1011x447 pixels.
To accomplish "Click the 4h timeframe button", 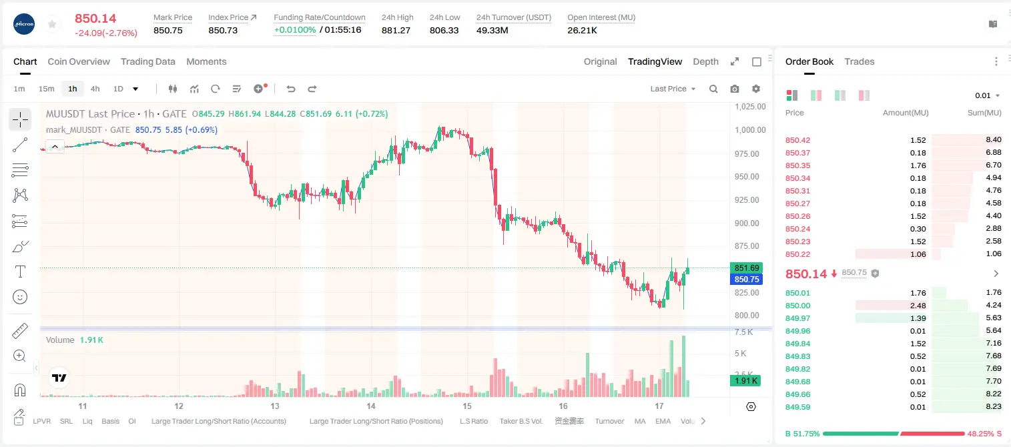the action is (95, 89).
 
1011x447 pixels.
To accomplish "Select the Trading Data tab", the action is (147, 62).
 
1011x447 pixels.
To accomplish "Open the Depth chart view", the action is (705, 62).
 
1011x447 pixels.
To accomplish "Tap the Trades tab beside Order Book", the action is (859, 62).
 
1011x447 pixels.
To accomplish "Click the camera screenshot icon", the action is (734, 89).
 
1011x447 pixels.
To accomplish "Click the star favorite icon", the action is (52, 24).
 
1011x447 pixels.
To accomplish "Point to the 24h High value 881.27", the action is (396, 30).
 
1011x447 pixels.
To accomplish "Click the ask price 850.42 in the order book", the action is (797, 140).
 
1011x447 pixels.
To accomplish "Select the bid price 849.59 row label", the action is (797, 407).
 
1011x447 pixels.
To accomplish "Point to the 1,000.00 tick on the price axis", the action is (750, 130).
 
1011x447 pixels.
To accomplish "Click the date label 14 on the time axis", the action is (370, 406).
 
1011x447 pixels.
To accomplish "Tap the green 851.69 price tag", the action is (746, 268).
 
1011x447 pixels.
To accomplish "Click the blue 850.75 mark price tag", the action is (746, 279).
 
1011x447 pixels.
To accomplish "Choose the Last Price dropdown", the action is (673, 89).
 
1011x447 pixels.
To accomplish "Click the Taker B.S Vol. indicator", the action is (521, 421).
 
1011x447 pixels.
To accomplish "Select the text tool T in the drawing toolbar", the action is (20, 272).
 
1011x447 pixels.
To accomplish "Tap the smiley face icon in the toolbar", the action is (20, 297).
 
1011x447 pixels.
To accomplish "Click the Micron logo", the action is (24, 24).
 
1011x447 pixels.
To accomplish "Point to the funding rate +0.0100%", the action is (295, 30).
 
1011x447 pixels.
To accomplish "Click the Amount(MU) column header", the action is (906, 113).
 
